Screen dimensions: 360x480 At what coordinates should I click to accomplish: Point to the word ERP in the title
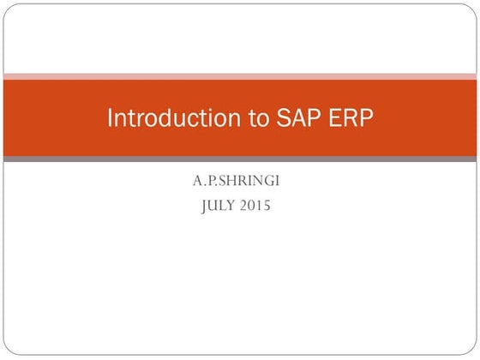coord(353,118)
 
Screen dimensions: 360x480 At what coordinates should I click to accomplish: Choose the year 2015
coord(256,206)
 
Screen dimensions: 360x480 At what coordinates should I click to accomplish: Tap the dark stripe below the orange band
coord(240,159)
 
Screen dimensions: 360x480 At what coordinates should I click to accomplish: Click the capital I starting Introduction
coord(110,118)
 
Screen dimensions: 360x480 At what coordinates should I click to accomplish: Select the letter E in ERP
coord(339,118)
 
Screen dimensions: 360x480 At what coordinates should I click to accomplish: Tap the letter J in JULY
coord(204,207)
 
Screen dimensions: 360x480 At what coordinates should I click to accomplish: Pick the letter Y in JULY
coord(233,206)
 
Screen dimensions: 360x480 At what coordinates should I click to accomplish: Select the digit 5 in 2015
coord(267,206)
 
